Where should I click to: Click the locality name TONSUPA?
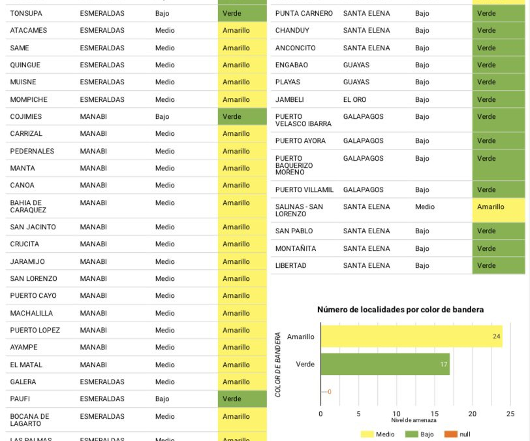(x=26, y=14)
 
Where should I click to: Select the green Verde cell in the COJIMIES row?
(x=242, y=116)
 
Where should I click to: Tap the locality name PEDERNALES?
(x=32, y=151)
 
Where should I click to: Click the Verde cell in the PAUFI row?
(x=242, y=399)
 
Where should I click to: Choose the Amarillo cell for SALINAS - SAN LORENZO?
(x=499, y=210)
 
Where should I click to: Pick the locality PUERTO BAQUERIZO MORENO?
(x=294, y=165)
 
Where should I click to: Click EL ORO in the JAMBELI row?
(x=354, y=99)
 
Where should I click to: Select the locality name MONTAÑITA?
(x=296, y=248)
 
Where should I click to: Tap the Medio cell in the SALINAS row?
(x=425, y=207)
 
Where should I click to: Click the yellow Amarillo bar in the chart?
(x=411, y=336)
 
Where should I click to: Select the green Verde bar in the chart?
(x=385, y=364)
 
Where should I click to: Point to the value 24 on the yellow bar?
(x=496, y=336)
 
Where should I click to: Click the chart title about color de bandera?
(x=400, y=309)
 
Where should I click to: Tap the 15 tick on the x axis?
(x=434, y=414)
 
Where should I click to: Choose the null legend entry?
(x=457, y=434)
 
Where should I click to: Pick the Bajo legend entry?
(x=419, y=434)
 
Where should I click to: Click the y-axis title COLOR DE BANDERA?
(x=278, y=365)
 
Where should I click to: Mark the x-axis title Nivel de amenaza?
(x=414, y=420)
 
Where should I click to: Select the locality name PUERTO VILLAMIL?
(x=304, y=189)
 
